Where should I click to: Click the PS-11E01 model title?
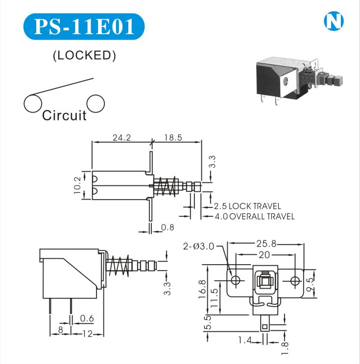(84, 26)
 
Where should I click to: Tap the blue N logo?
(334, 21)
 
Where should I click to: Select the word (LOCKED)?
(84, 56)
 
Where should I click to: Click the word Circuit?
(64, 115)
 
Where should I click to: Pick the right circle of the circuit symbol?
(96, 103)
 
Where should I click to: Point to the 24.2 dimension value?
(121, 138)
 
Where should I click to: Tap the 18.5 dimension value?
(173, 138)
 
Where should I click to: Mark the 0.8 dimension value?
(168, 227)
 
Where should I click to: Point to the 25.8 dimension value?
(265, 243)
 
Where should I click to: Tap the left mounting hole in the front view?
(236, 280)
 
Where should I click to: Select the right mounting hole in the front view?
(294, 280)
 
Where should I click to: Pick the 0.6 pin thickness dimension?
(86, 319)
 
